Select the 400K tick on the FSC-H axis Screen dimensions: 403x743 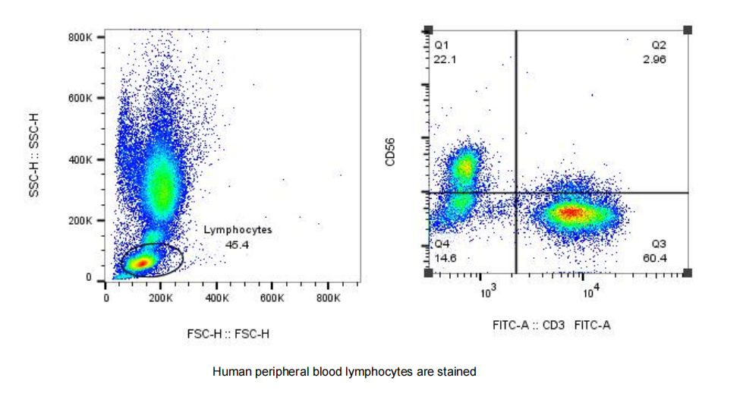pyautogui.click(x=217, y=299)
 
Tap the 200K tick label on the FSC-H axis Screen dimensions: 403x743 pyautogui.click(x=161, y=299)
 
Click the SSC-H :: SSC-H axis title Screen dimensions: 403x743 pyautogui.click(x=33, y=156)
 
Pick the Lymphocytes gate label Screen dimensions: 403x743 pyautogui.click(x=238, y=229)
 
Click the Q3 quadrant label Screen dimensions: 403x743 pyautogui.click(x=659, y=244)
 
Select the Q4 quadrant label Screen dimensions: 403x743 pyautogui.click(x=442, y=244)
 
